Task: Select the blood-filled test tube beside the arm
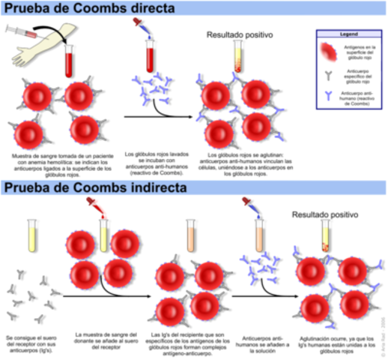pyautogui.click(x=72, y=56)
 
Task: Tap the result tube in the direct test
pyautogui.click(x=238, y=58)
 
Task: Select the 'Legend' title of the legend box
pyautogui.click(x=348, y=35)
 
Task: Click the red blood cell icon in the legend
pyautogui.click(x=327, y=51)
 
